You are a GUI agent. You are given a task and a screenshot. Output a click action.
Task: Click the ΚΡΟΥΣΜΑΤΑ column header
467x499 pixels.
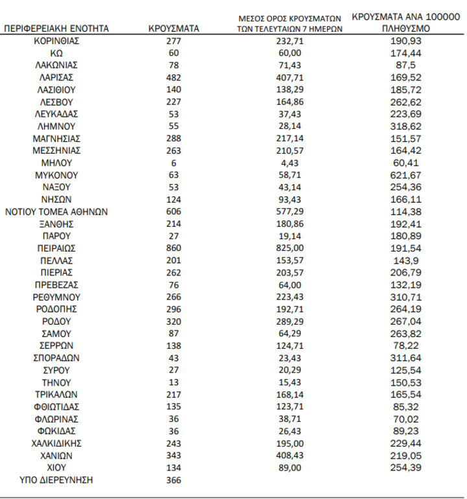click(x=173, y=29)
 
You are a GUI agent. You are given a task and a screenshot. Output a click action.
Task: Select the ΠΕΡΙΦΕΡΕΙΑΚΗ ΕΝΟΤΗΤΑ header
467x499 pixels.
click(x=56, y=29)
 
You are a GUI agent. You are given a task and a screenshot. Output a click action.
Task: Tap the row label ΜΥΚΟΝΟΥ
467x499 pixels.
click(x=56, y=174)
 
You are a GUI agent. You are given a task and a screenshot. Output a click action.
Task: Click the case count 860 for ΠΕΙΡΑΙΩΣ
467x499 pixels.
click(x=173, y=248)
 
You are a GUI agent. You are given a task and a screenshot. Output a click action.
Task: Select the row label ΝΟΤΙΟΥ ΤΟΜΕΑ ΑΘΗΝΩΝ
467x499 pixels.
click(x=56, y=211)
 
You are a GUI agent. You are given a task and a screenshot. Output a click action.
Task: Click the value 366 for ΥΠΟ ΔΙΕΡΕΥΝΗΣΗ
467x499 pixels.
click(x=173, y=480)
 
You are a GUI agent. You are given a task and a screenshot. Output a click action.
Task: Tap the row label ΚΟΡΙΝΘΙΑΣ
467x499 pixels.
click(x=56, y=40)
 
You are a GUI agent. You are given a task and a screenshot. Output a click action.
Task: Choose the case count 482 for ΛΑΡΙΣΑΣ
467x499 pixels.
click(x=173, y=77)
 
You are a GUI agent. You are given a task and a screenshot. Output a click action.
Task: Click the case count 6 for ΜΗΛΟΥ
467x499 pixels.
click(x=173, y=163)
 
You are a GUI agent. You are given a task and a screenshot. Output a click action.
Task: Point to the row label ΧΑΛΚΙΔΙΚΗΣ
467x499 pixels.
click(x=56, y=443)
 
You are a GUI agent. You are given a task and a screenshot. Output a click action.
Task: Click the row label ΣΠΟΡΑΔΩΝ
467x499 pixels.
click(x=56, y=358)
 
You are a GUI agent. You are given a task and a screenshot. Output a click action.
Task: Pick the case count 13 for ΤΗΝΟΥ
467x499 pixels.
click(x=173, y=382)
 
